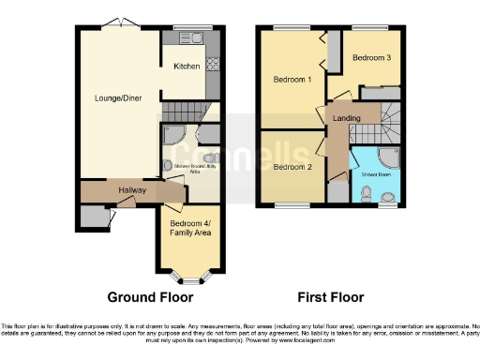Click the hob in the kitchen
tap(213, 65)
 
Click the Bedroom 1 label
tap(292, 80)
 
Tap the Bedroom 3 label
tap(370, 57)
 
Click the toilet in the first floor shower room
tap(368, 193)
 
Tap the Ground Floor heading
tap(150, 297)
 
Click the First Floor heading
tap(331, 297)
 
